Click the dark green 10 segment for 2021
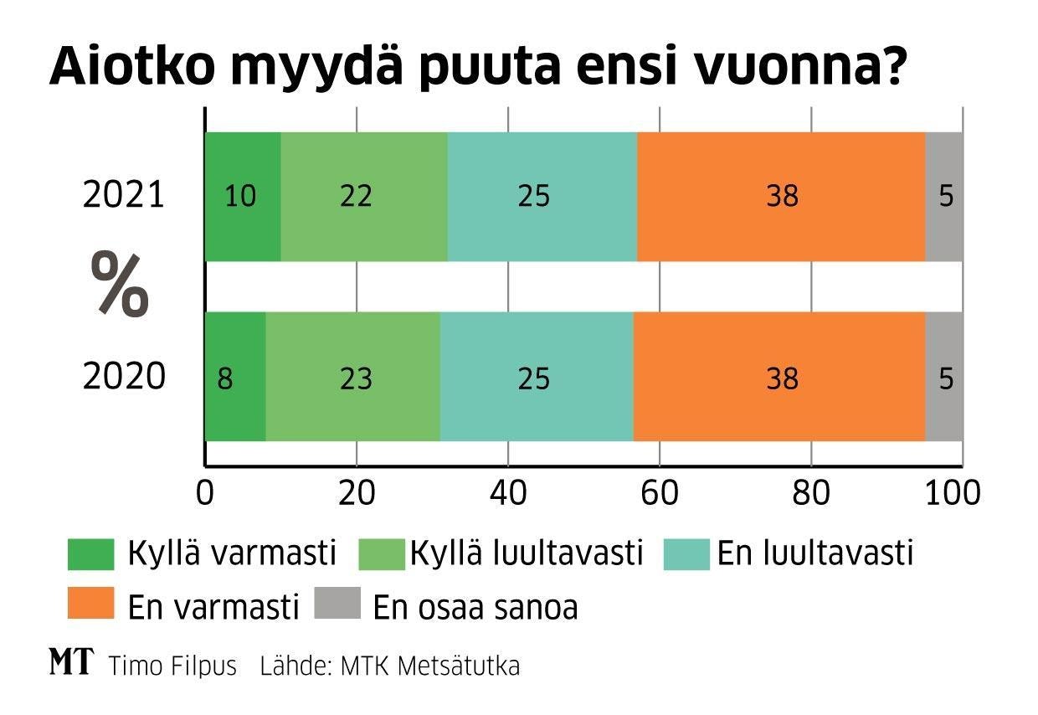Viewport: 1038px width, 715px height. click(243, 196)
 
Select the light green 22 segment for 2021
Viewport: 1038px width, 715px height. click(363, 196)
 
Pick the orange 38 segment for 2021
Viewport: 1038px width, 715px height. click(781, 196)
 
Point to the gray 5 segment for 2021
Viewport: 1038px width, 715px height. click(944, 196)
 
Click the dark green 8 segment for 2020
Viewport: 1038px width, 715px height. click(235, 377)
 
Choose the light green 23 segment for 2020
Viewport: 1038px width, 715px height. click(352, 377)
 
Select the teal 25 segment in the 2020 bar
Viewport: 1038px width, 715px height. click(537, 377)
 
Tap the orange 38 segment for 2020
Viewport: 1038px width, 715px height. click(779, 377)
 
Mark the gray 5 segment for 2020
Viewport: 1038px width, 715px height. click(944, 377)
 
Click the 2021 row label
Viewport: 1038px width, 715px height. click(124, 196)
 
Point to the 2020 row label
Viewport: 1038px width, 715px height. click(124, 377)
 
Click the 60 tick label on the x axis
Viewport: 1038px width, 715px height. click(659, 493)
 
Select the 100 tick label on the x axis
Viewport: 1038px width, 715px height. click(953, 493)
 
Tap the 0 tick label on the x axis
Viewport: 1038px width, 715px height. click(205, 493)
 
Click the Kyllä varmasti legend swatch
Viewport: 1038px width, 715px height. click(90, 554)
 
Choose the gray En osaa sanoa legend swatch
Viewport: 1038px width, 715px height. click(337, 604)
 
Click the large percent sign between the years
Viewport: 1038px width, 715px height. click(120, 284)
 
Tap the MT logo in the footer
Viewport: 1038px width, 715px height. click(72, 664)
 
